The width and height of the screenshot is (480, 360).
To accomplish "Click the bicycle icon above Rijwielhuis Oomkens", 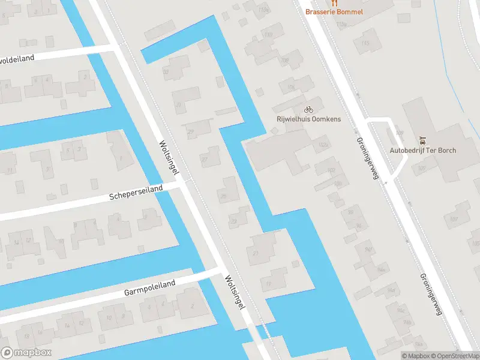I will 308,109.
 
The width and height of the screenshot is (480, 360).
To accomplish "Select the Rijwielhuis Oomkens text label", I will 308,119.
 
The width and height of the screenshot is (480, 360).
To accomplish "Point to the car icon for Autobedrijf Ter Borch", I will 423,140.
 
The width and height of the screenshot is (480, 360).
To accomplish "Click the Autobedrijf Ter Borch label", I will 423,150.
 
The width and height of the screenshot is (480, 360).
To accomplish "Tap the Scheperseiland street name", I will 136,193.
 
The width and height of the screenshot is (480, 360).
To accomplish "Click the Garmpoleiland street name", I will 149,288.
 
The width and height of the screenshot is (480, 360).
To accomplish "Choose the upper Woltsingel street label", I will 169,158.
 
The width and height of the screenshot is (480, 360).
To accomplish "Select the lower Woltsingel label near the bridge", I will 235,293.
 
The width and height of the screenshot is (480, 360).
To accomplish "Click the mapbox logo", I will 26,353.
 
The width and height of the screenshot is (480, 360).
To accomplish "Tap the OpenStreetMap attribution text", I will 454,356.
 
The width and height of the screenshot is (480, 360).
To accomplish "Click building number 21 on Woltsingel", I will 256,254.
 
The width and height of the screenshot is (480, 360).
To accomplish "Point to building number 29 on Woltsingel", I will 191,133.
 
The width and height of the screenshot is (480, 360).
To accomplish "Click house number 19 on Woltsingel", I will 268,284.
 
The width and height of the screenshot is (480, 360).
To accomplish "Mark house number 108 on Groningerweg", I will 401,133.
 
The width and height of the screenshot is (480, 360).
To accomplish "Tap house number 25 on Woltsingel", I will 223,197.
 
